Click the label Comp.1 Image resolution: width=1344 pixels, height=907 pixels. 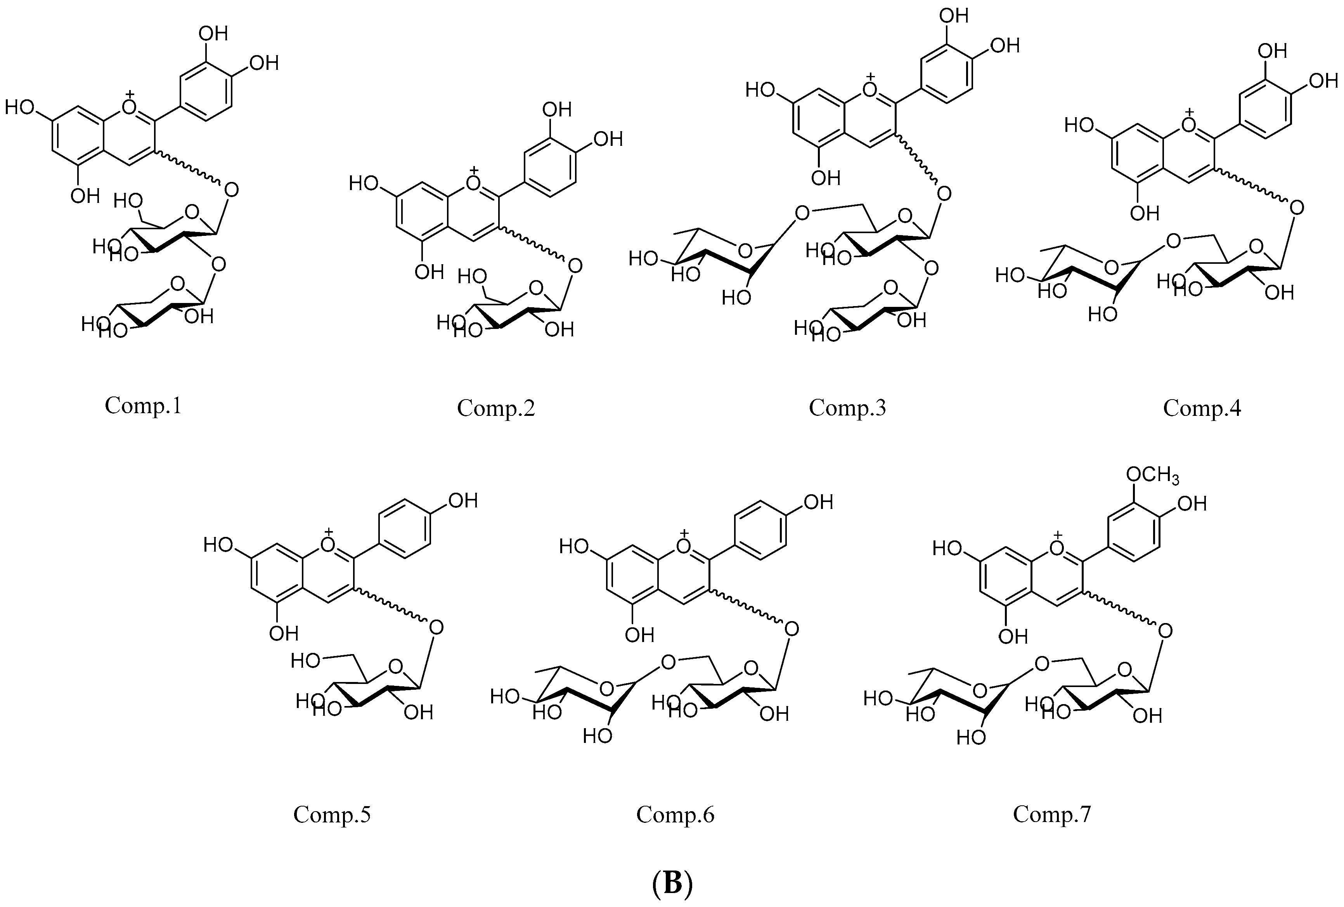pos(143,406)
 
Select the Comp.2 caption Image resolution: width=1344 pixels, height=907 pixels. pos(495,408)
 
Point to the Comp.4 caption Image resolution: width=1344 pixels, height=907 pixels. pos(1202,408)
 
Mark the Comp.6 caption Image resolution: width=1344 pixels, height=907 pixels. pos(675,815)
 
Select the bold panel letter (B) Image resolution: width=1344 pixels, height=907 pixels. pos(672,883)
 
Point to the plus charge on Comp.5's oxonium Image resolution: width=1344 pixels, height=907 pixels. pos(329,531)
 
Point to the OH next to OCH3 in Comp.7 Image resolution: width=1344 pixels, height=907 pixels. pos(1192,504)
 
